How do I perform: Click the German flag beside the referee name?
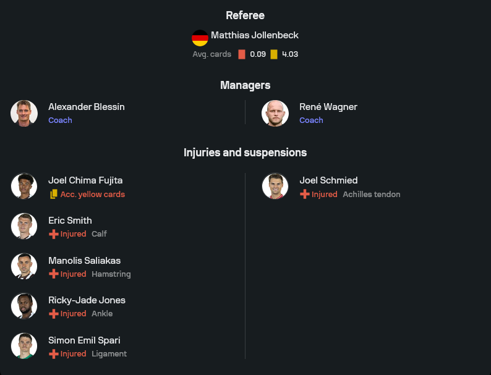pyautogui.click(x=200, y=38)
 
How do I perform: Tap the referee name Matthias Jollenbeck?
pyautogui.click(x=255, y=35)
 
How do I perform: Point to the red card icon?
pyautogui.click(x=242, y=54)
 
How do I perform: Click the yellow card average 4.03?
pyautogui.click(x=290, y=54)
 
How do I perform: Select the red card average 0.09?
pyautogui.click(x=258, y=54)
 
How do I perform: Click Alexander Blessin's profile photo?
pyautogui.click(x=24, y=113)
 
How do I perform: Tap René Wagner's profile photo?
pyautogui.click(x=275, y=113)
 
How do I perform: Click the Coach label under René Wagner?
pyautogui.click(x=311, y=120)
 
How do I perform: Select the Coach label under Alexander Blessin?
pyautogui.click(x=60, y=120)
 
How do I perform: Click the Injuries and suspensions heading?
pyautogui.click(x=245, y=153)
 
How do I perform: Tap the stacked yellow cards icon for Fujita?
pyautogui.click(x=54, y=194)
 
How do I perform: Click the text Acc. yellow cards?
pyautogui.click(x=93, y=195)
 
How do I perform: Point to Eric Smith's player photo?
pyautogui.click(x=24, y=226)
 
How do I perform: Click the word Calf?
pyautogui.click(x=100, y=234)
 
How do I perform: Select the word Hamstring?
pyautogui.click(x=111, y=274)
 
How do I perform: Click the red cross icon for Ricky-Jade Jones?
pyautogui.click(x=54, y=314)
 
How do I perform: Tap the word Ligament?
pyautogui.click(x=109, y=354)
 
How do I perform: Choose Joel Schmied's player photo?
pyautogui.click(x=275, y=186)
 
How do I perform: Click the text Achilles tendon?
pyautogui.click(x=372, y=195)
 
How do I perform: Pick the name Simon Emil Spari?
pyautogui.click(x=84, y=340)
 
